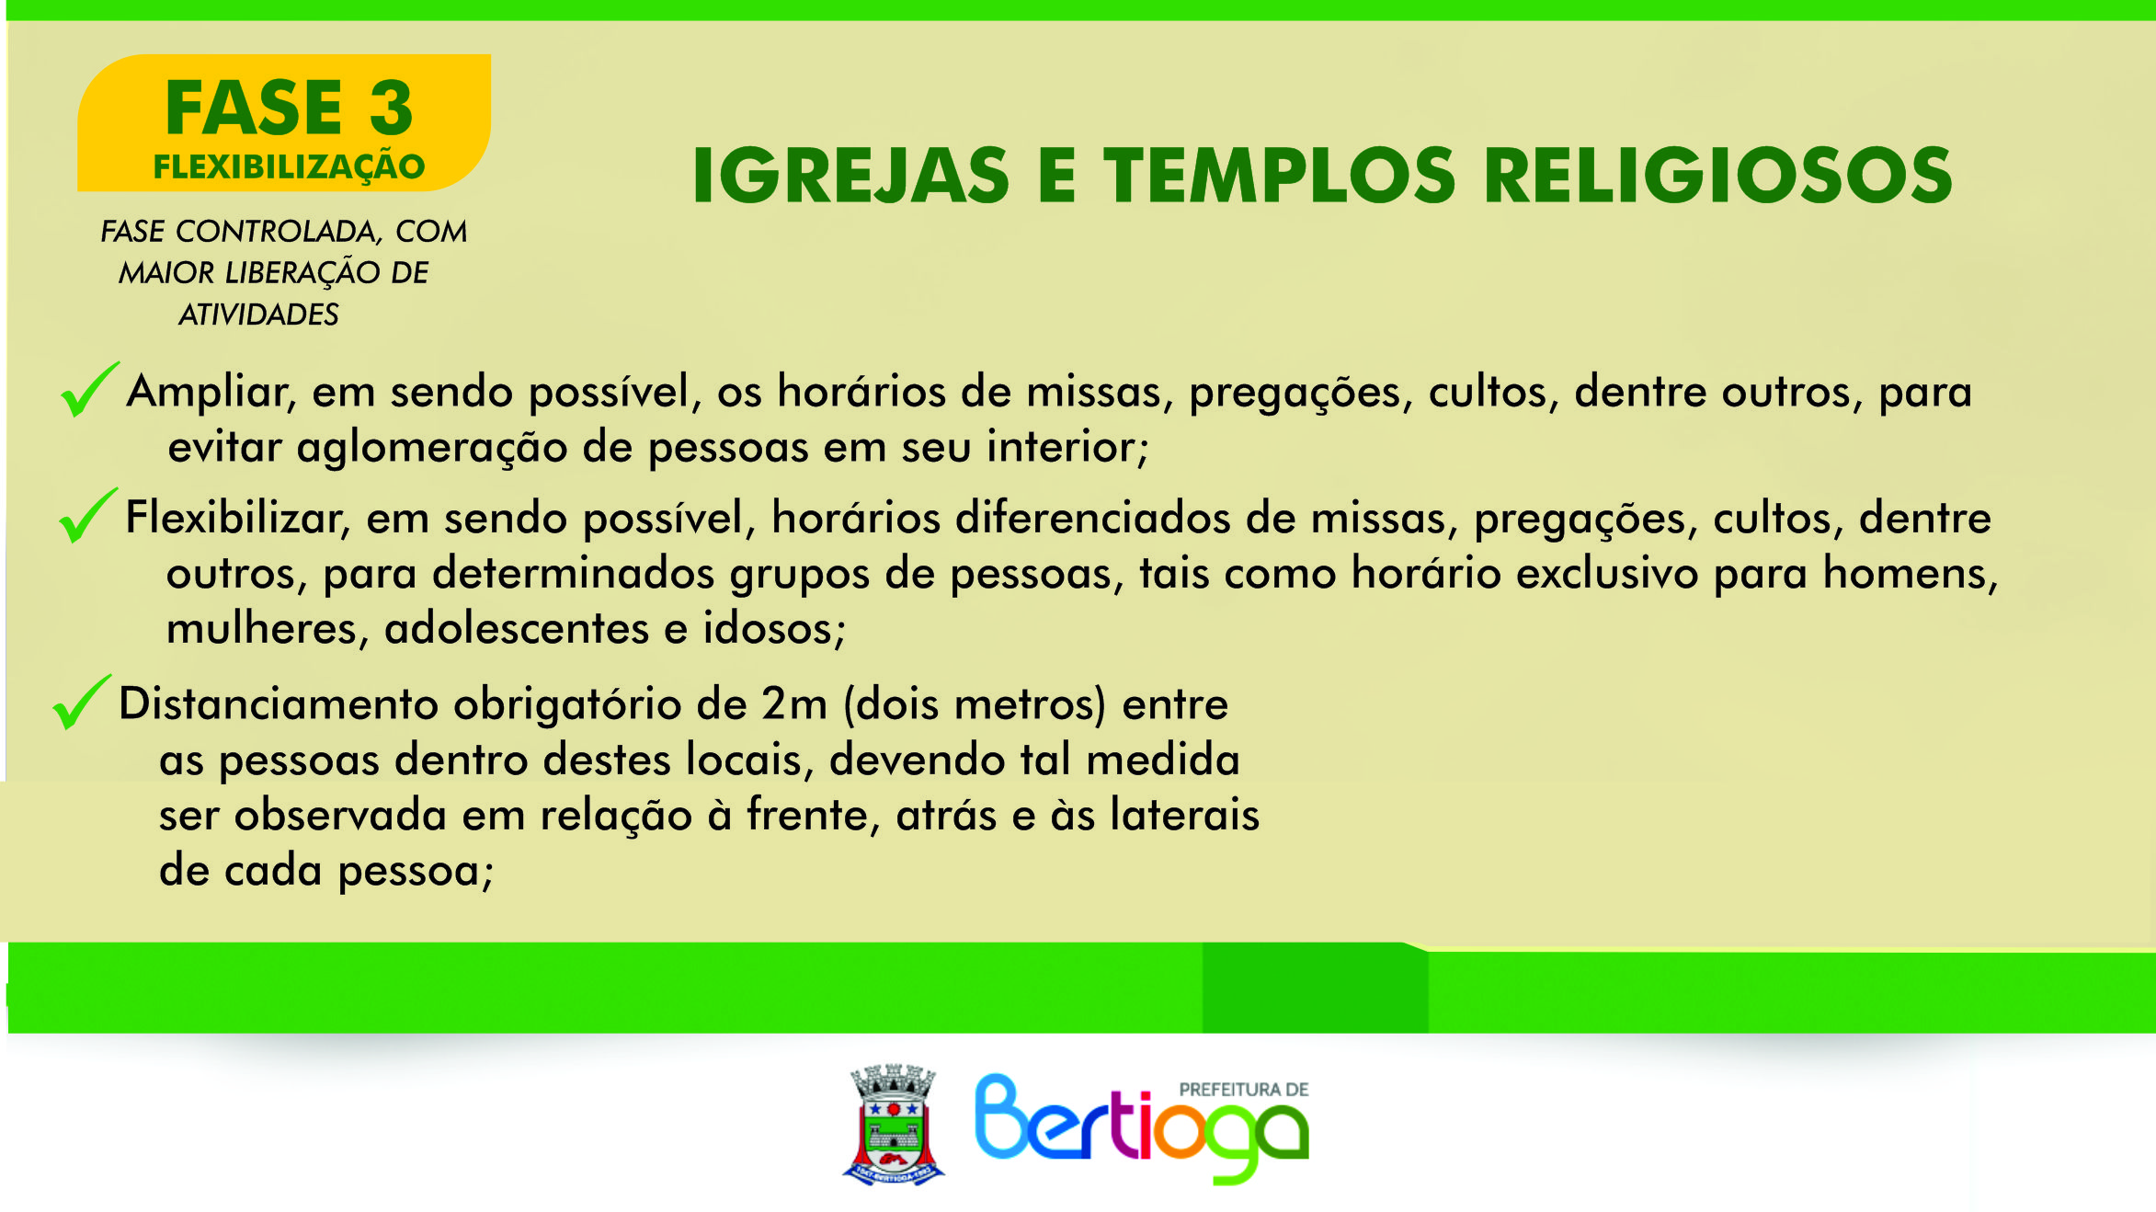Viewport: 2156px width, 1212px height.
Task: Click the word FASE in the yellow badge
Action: [254, 108]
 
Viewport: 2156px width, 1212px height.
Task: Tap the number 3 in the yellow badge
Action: [392, 108]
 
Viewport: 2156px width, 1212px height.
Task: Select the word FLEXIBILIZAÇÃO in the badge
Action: [289, 167]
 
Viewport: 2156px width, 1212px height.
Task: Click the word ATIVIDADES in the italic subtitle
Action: [258, 314]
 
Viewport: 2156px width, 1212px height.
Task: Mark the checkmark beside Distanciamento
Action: [82, 702]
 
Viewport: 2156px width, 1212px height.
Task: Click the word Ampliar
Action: [211, 393]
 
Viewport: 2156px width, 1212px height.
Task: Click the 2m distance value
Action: [794, 704]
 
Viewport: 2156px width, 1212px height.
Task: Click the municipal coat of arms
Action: [894, 1125]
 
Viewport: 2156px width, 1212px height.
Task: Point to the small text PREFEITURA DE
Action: [1244, 1090]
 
